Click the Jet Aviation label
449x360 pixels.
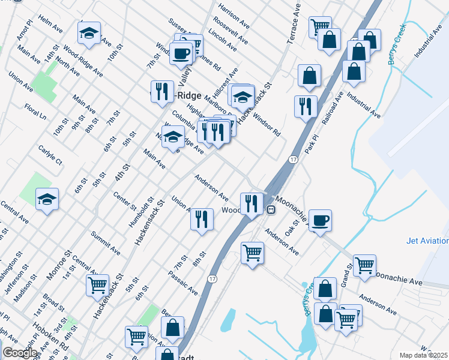(x=427, y=241)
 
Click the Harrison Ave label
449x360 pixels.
(x=234, y=17)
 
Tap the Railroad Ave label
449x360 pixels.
(x=332, y=108)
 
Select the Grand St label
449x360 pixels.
(x=346, y=274)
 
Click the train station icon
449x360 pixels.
(x=271, y=210)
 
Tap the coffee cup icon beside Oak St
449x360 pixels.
(x=320, y=220)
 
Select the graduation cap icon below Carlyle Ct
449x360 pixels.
(x=47, y=199)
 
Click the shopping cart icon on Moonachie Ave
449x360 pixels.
(x=364, y=265)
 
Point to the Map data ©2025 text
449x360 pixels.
(x=423, y=355)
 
